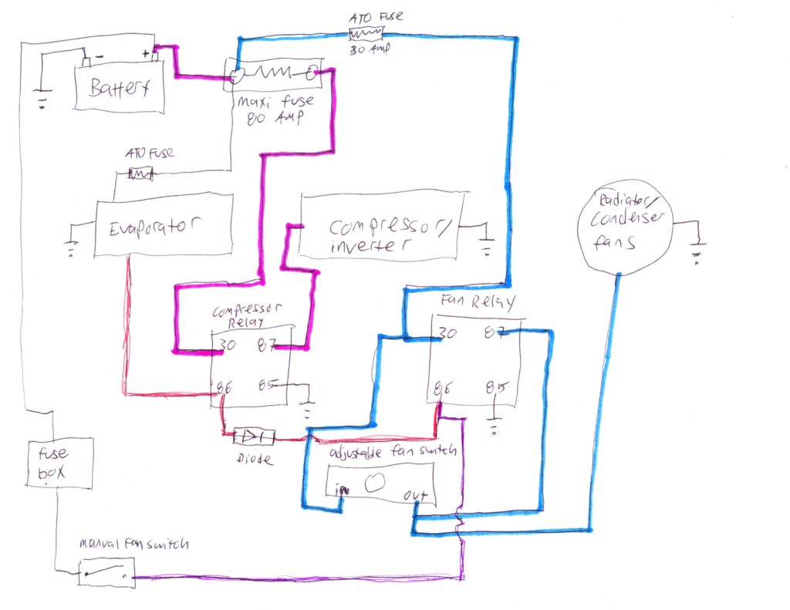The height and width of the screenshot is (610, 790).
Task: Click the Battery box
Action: (x=119, y=88)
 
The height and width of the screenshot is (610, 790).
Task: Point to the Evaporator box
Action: (x=163, y=226)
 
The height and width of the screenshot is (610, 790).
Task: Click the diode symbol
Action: (x=254, y=437)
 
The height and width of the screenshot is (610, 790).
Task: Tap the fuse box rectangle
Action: (x=60, y=463)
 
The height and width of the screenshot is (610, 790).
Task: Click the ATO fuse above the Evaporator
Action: (x=140, y=174)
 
